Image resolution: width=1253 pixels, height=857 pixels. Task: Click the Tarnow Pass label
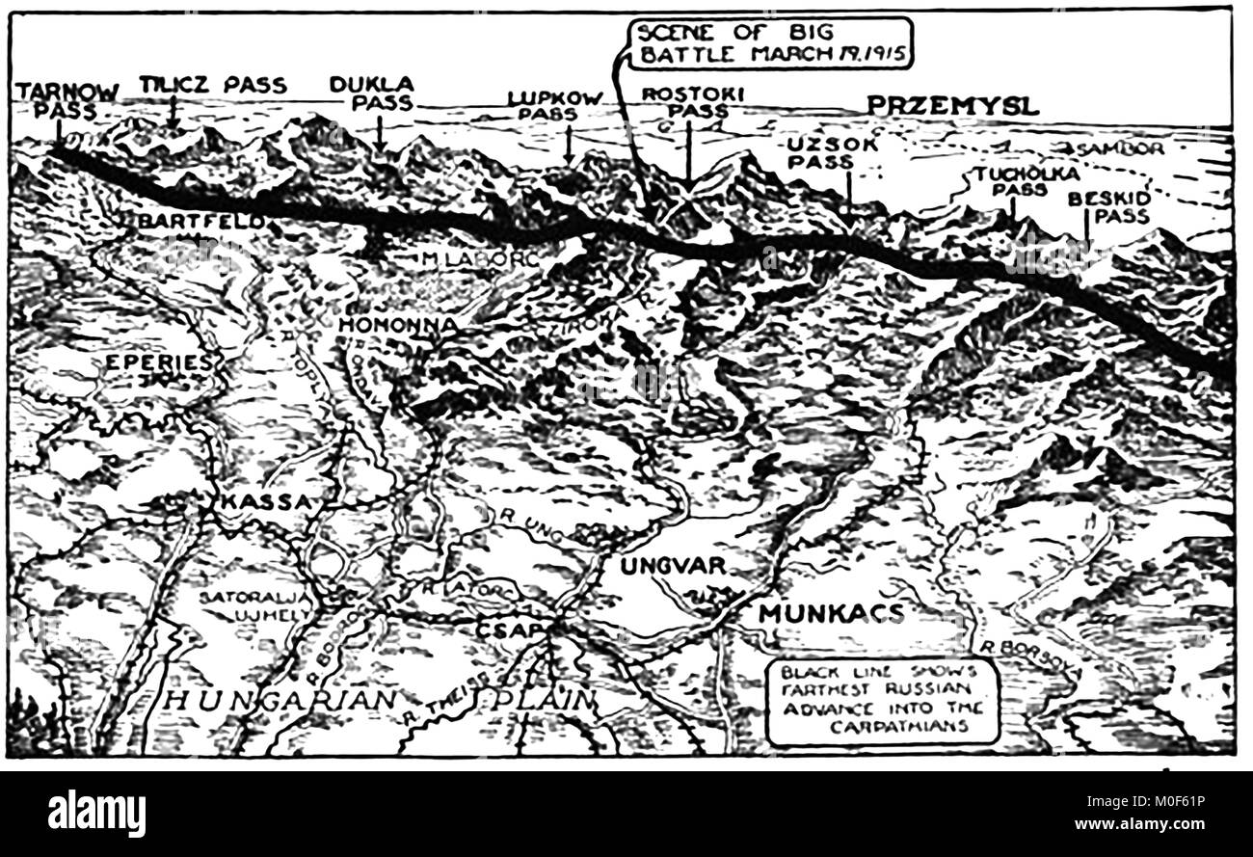pyautogui.click(x=67, y=100)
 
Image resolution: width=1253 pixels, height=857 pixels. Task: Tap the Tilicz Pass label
pyautogui.click(x=212, y=85)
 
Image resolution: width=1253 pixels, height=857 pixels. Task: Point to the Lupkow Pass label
pyautogui.click(x=555, y=105)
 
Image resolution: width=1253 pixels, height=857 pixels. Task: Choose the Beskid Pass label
pyautogui.click(x=1108, y=207)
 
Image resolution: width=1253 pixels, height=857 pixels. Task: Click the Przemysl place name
pyautogui.click(x=952, y=106)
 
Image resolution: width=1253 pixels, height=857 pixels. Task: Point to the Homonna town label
pyautogui.click(x=397, y=325)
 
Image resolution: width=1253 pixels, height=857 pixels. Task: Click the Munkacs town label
pyautogui.click(x=831, y=613)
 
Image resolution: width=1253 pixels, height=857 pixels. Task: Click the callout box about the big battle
pyautogui.click(x=771, y=44)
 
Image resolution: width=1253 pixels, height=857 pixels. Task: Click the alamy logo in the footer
pyautogui.click(x=96, y=813)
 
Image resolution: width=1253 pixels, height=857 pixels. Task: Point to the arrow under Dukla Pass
pyautogui.click(x=381, y=133)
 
